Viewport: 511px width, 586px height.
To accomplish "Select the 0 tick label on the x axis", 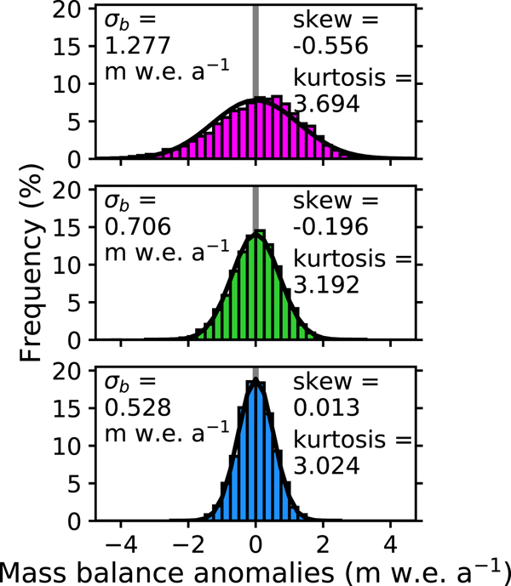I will (255, 541).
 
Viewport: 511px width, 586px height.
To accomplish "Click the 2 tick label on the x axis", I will (324, 541).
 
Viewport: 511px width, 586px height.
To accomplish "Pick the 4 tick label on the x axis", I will (391, 541).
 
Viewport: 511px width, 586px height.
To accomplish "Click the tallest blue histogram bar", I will (255, 451).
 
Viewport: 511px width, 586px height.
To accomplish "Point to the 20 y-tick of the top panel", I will (72, 9).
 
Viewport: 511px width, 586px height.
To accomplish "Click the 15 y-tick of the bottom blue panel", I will (72, 407).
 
